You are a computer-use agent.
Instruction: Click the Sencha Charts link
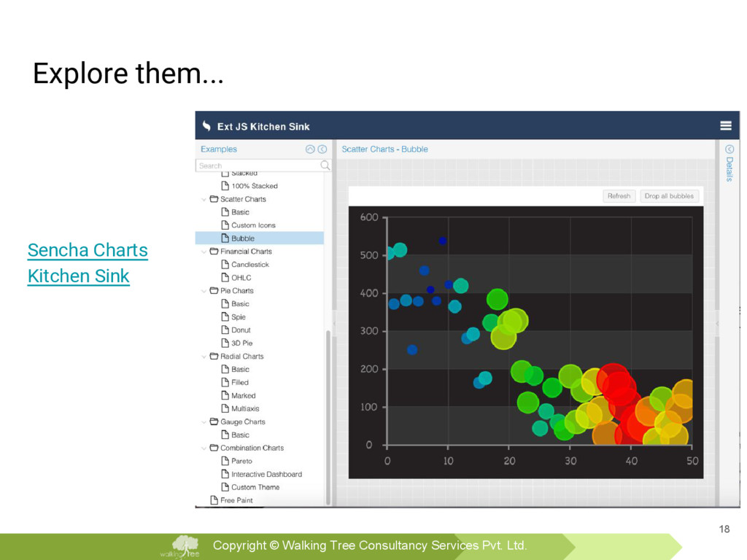pyautogui.click(x=88, y=251)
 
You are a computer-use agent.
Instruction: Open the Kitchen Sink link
pyautogui.click(x=79, y=276)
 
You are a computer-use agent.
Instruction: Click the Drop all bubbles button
pyautogui.click(x=669, y=196)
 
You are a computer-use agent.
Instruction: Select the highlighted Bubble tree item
pyautogui.click(x=243, y=238)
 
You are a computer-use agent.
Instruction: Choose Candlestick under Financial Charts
pyautogui.click(x=250, y=264)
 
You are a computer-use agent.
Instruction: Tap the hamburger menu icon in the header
pyautogui.click(x=726, y=125)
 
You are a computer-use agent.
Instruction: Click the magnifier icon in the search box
pyautogui.click(x=325, y=166)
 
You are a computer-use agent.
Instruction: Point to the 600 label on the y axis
pyautogui.click(x=369, y=217)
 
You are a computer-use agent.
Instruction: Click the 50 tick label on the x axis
pyautogui.click(x=692, y=461)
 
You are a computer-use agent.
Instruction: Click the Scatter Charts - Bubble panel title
pyautogui.click(x=385, y=149)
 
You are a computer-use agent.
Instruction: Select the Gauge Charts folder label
pyautogui.click(x=242, y=422)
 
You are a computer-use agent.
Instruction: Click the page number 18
pyautogui.click(x=724, y=529)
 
